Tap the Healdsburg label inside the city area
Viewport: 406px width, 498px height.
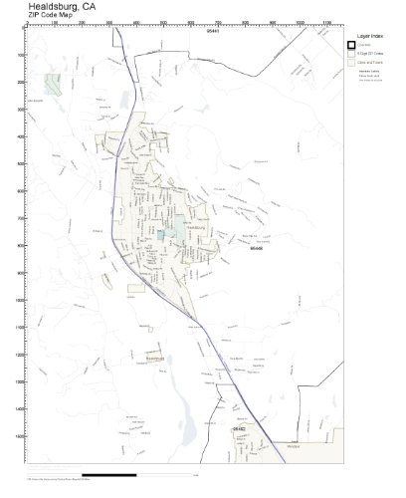[195, 228]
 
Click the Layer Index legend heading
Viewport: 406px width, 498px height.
[370, 35]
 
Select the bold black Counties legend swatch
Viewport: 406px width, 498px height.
[350, 45]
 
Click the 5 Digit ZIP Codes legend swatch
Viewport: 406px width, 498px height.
[350, 54]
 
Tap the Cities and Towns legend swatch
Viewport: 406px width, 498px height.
[350, 63]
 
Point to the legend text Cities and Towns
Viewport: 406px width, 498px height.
[371, 63]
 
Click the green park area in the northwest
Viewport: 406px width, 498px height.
[51, 84]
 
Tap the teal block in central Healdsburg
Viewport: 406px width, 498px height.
[161, 236]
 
